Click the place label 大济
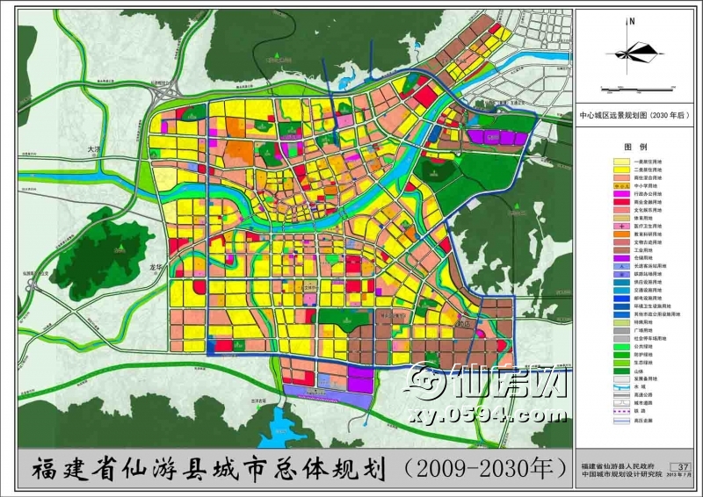(x=95, y=150)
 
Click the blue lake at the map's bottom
(x=291, y=427)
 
